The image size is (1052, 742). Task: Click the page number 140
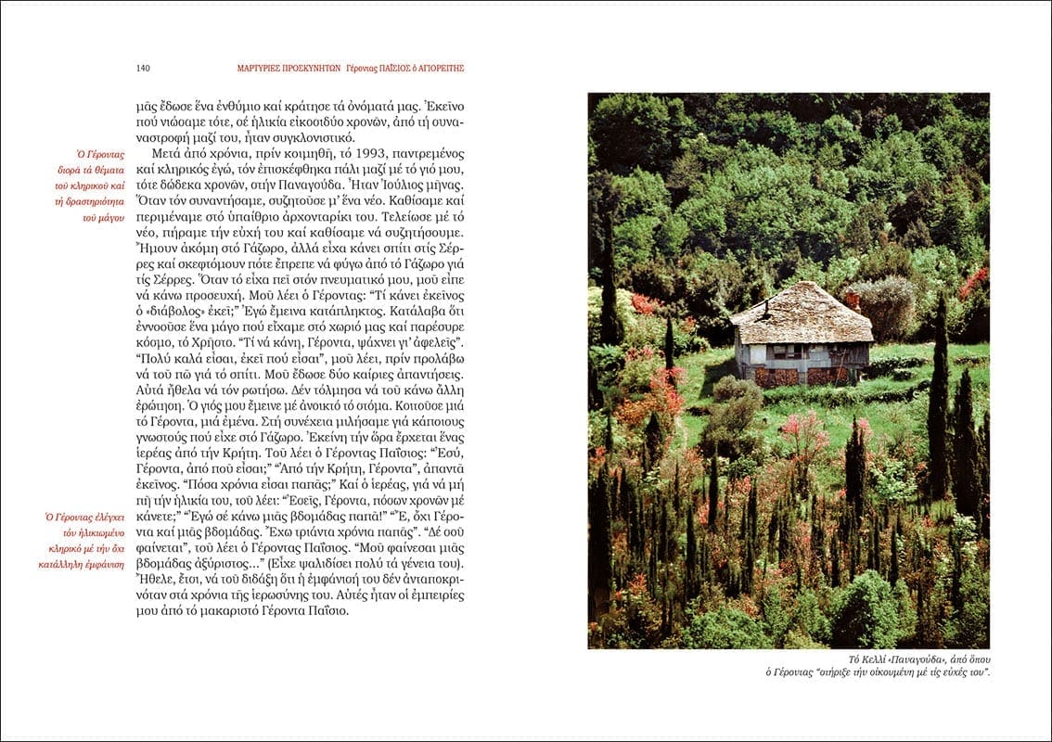[x=143, y=68]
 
